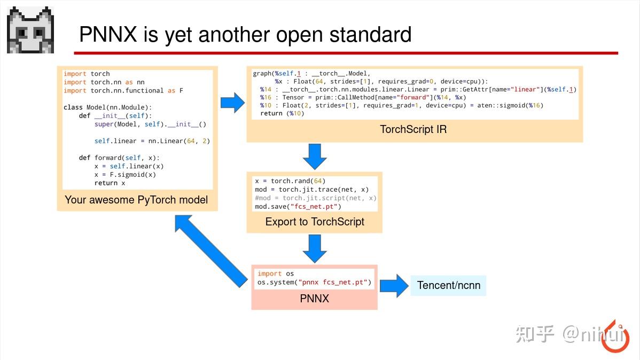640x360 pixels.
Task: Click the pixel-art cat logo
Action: coord(30,30)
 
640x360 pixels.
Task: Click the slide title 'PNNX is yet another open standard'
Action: coord(245,35)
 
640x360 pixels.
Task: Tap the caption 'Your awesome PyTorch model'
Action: coord(136,200)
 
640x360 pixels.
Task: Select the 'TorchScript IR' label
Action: coord(413,130)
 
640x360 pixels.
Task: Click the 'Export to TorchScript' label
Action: coord(315,222)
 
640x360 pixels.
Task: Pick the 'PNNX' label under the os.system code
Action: coord(314,299)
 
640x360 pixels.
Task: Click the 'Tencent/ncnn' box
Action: coord(449,285)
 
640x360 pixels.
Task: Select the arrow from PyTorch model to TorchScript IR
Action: coord(232,103)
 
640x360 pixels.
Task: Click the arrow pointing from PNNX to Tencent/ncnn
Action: coord(394,285)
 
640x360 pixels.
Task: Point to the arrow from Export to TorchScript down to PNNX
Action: coord(315,248)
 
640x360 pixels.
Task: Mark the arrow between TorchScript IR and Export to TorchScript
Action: coord(315,156)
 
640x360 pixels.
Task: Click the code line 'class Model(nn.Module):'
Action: coord(108,107)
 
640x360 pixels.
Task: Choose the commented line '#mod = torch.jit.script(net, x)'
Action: coord(315,198)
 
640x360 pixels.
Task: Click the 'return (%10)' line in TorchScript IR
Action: coord(282,113)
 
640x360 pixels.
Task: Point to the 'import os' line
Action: coord(276,273)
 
